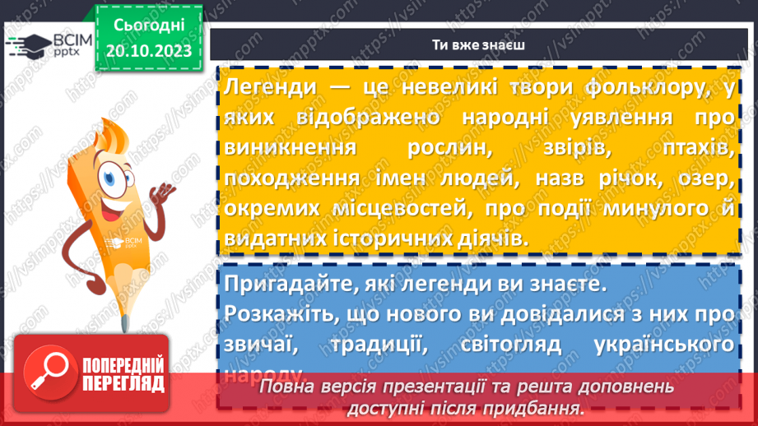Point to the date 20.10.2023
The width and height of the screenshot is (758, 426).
coord(148,52)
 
